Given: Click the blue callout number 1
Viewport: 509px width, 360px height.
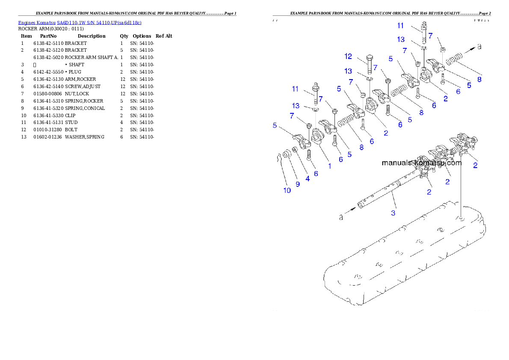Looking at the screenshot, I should point(329,166).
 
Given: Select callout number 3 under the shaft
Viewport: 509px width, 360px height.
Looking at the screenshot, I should point(394,212).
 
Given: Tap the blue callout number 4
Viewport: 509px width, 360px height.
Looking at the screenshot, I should point(308,178).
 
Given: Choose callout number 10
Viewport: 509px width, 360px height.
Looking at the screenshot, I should point(287,190).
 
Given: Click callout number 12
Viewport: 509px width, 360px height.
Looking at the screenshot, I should point(348,56).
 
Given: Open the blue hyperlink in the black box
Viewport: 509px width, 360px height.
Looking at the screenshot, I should point(80,22).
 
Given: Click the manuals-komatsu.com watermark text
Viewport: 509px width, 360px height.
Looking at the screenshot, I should point(421,163).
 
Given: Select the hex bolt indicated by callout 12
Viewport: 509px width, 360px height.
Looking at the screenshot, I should point(369,64).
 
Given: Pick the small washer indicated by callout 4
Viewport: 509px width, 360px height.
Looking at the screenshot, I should point(294,151).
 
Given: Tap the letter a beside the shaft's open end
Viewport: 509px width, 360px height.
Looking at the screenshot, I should point(341,217).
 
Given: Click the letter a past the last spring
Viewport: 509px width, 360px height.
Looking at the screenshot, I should point(479,47).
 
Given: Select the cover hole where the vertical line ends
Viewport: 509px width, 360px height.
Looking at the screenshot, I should point(461,219).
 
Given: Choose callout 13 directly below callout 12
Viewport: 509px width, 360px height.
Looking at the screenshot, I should point(349,71).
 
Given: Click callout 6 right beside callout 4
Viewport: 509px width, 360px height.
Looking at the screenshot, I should point(316,174).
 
